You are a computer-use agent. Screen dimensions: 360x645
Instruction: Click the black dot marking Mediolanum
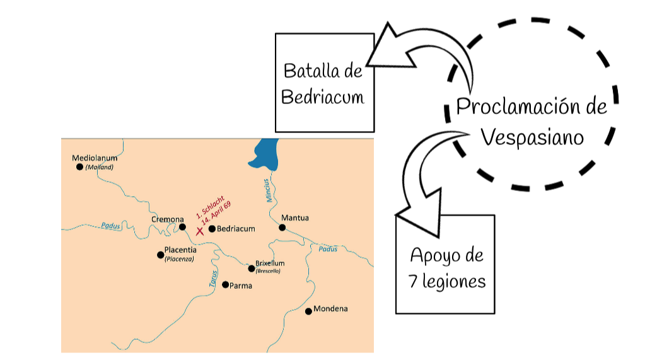(x=79, y=167)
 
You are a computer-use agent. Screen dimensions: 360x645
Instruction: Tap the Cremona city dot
(x=182, y=227)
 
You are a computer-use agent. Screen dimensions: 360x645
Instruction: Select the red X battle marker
(x=200, y=231)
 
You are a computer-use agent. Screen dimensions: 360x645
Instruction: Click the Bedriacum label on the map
(x=236, y=229)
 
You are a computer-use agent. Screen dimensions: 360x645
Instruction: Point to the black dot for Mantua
(x=282, y=228)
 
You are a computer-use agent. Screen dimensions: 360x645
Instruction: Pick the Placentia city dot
(x=160, y=255)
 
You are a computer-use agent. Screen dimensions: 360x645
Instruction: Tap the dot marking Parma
(x=225, y=284)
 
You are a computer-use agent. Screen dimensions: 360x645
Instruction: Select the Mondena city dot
(x=308, y=311)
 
